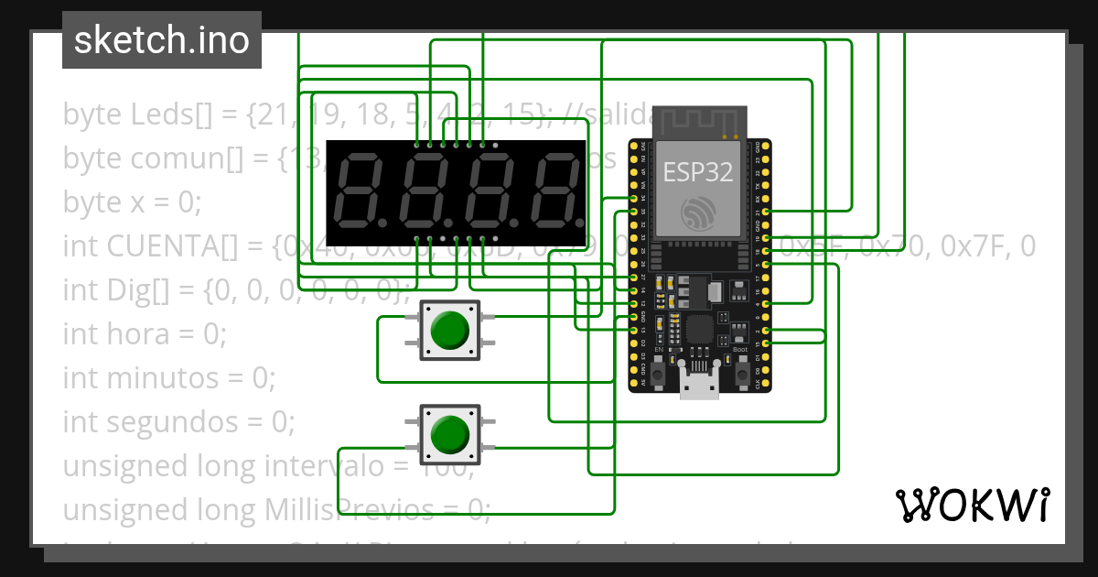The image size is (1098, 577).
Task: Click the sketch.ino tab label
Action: click(161, 40)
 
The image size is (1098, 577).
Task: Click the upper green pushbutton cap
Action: click(449, 330)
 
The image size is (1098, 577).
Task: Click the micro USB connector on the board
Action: click(700, 385)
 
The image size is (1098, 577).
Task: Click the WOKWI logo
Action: click(972, 505)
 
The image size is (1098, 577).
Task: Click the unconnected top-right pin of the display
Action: click(495, 145)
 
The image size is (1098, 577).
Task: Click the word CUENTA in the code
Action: click(166, 246)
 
